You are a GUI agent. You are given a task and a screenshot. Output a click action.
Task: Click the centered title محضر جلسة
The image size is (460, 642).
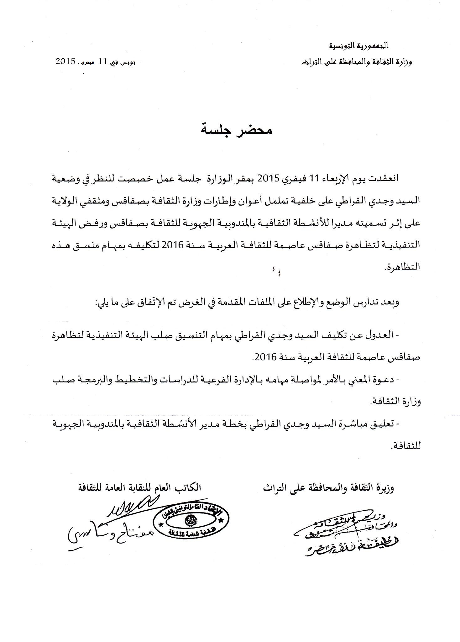point(236,129)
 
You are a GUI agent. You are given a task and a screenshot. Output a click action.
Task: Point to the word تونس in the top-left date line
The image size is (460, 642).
point(129,62)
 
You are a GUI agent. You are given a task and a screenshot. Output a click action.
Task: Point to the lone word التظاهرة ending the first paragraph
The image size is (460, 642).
point(402,266)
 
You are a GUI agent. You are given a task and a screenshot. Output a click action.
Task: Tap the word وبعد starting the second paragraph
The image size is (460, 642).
point(392,303)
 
